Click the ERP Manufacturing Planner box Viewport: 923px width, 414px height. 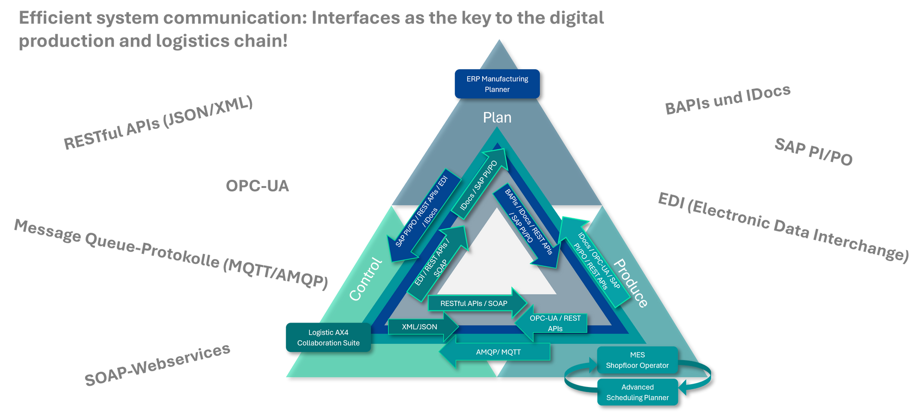click(x=497, y=84)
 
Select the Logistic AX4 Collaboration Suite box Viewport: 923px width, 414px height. click(x=328, y=338)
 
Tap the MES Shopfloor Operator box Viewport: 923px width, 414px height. click(x=637, y=360)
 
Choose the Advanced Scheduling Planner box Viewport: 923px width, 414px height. click(x=637, y=392)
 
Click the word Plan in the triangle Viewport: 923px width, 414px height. click(x=497, y=118)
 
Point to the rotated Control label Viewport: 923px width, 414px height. click(x=365, y=279)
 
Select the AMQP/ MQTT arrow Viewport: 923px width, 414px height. click(x=498, y=352)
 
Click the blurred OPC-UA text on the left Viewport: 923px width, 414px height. click(x=257, y=186)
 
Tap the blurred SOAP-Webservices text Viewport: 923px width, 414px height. click(x=157, y=365)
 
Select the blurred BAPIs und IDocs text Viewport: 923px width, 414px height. click(x=727, y=100)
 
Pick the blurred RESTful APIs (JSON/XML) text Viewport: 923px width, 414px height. click(x=158, y=122)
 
